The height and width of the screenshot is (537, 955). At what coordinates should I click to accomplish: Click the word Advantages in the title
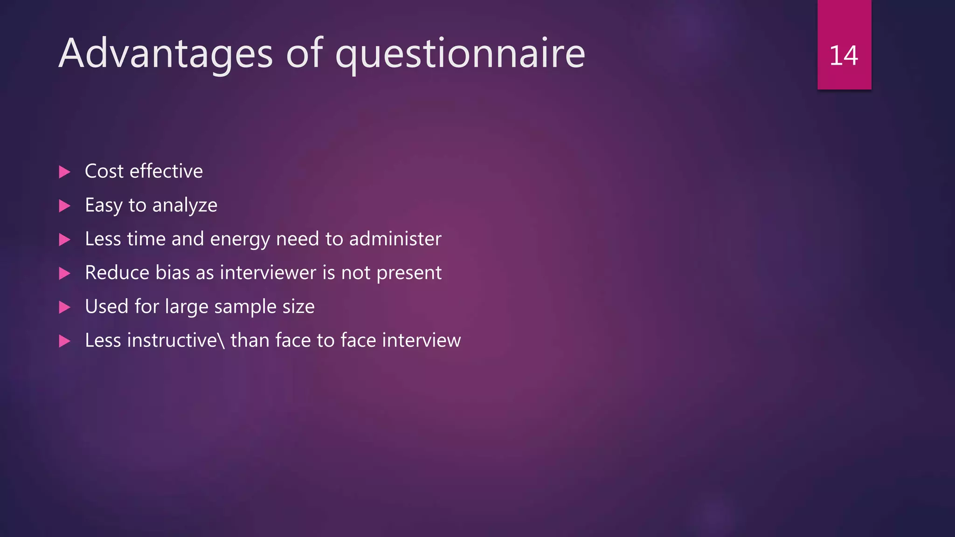click(166, 54)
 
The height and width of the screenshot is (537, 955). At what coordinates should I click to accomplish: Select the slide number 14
click(844, 56)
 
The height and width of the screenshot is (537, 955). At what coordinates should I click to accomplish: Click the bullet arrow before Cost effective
click(65, 172)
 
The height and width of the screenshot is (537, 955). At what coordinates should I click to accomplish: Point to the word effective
click(166, 171)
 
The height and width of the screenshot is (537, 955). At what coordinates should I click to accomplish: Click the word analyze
click(185, 206)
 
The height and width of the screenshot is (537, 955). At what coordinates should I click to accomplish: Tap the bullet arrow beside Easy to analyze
click(65, 206)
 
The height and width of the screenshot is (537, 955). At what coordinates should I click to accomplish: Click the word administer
click(395, 239)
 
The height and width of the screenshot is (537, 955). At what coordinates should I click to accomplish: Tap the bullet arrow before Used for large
click(65, 307)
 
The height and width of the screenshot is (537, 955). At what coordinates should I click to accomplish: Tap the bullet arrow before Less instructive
click(65, 341)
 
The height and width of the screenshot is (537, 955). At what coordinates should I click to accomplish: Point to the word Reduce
click(117, 273)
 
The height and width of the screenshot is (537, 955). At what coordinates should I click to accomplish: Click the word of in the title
click(304, 54)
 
